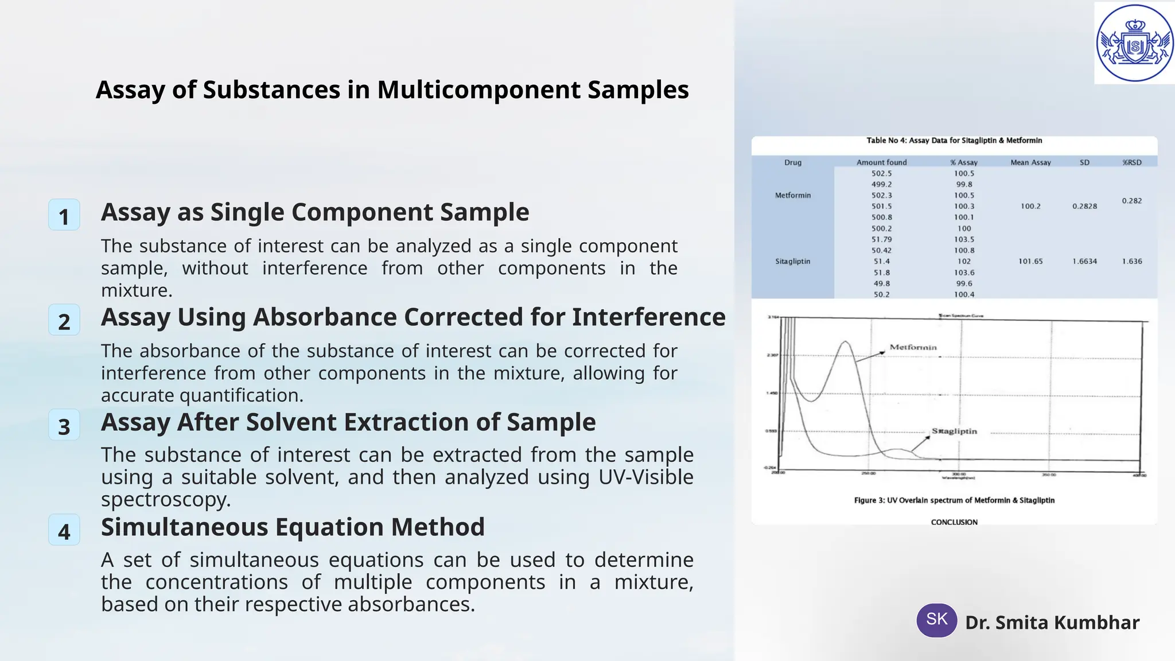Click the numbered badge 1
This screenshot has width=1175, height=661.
(64, 215)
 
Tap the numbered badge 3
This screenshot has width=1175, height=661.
(64, 425)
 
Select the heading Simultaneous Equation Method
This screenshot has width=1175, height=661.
(293, 527)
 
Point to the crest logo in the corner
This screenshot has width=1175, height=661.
(1134, 44)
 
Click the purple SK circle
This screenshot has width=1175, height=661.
(936, 620)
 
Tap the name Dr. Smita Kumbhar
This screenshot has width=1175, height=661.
(1052, 623)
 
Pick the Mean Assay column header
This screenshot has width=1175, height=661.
(1030, 162)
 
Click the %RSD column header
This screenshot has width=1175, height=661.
(1131, 162)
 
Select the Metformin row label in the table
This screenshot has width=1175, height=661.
(793, 196)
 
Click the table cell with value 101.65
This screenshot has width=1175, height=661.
(1030, 261)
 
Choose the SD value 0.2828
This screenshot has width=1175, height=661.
(1084, 206)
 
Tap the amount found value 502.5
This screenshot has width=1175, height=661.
(882, 173)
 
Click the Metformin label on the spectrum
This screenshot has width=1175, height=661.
(913, 347)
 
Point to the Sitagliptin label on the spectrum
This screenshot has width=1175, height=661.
(954, 431)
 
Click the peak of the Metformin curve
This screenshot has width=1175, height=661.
(845, 342)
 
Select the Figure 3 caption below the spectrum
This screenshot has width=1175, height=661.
(954, 500)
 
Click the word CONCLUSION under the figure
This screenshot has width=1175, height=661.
(954, 522)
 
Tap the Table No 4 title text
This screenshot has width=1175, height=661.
(954, 141)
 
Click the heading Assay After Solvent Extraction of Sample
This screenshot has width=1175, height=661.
(348, 422)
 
